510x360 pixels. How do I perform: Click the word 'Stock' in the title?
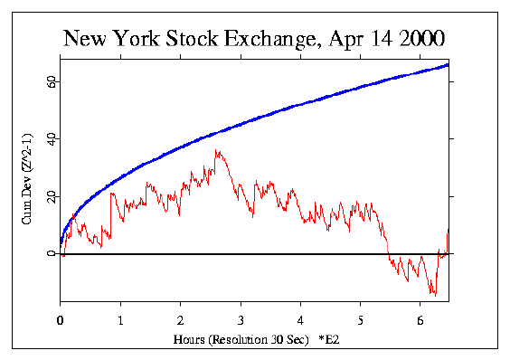(210, 39)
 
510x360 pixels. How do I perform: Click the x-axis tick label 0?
(60, 319)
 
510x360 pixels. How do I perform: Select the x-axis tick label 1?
(120, 319)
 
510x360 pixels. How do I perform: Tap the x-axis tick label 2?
(180, 319)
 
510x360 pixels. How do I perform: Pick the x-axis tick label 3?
(241, 319)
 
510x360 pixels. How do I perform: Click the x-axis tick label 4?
(300, 319)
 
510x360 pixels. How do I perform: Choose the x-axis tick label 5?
(360, 319)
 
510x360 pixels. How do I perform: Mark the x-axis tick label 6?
(420, 319)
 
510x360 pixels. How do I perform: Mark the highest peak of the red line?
(215, 150)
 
